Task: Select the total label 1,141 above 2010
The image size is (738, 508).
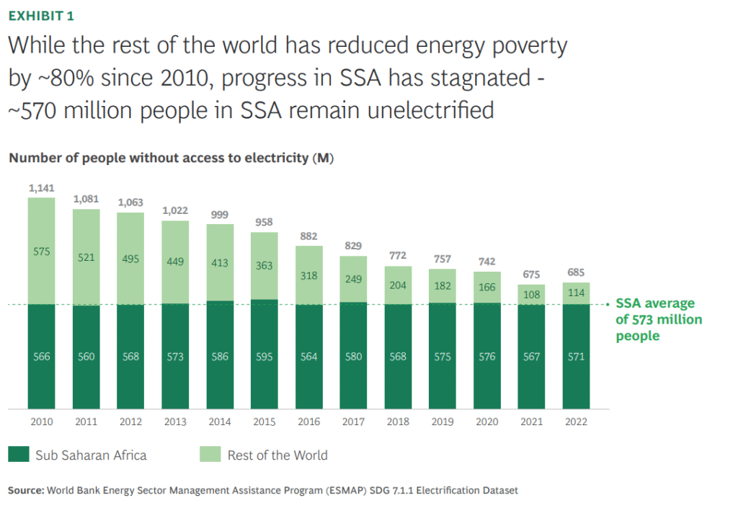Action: pos(42,187)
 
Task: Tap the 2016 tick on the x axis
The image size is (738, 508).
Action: pos(308,422)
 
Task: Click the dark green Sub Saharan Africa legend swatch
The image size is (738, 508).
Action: pos(18,455)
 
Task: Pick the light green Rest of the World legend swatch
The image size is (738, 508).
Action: pos(210,455)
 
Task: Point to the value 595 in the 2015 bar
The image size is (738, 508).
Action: pos(264,357)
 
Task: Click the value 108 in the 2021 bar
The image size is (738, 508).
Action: pos(531,294)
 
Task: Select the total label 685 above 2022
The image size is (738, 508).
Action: pos(576,274)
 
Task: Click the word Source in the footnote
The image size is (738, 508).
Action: pos(25,491)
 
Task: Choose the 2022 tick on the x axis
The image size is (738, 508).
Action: pos(576,422)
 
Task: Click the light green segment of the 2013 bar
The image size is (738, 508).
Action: pos(175,262)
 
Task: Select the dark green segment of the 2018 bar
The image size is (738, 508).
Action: pos(398,357)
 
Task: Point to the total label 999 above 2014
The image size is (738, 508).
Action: pos(220,215)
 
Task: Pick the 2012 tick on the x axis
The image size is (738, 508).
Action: pos(130,422)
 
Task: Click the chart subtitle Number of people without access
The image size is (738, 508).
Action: pos(171,158)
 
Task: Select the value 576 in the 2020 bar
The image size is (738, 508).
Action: pos(487,357)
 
